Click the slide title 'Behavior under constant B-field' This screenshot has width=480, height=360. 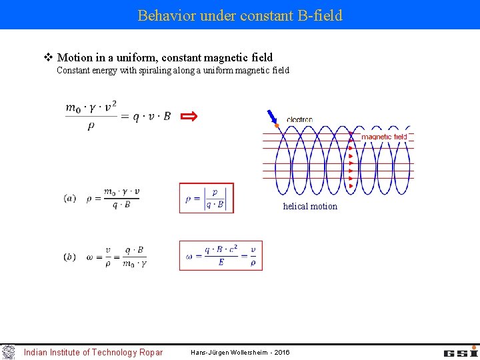[x=239, y=15]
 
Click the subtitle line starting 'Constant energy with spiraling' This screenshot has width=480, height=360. [x=173, y=70]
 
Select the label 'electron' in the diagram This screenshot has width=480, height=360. [x=299, y=120]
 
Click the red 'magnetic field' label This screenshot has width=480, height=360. [x=384, y=137]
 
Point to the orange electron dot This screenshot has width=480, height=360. [x=277, y=125]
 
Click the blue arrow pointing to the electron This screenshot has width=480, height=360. [x=271, y=117]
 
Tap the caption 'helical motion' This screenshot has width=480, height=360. [x=310, y=206]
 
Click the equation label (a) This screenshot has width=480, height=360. [x=70, y=198]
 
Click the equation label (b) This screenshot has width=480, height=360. [x=70, y=257]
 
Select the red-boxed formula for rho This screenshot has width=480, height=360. [x=206, y=198]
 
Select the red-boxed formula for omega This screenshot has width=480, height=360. [x=221, y=255]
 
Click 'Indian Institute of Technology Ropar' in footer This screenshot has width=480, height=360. [x=93, y=352]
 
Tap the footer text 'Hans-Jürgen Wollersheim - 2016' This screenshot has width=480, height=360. [x=240, y=352]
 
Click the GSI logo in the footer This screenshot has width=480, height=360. [x=461, y=351]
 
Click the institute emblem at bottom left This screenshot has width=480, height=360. [x=8, y=352]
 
